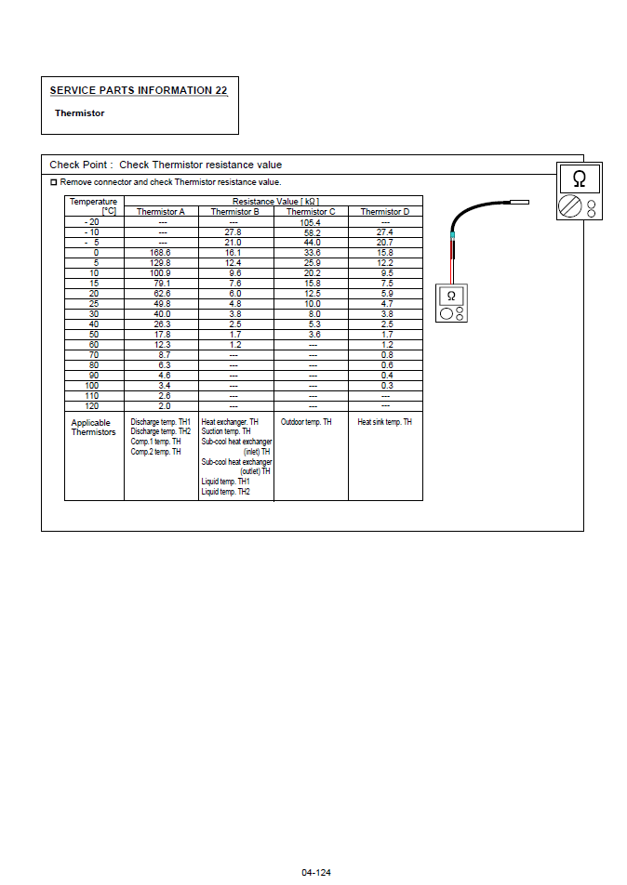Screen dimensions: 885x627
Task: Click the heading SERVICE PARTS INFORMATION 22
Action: click(x=138, y=90)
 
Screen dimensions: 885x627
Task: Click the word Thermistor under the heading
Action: click(x=79, y=113)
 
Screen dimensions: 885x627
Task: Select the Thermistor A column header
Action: click(x=161, y=212)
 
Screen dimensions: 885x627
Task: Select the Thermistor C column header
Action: click(x=311, y=212)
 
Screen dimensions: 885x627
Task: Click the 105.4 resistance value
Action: click(x=311, y=222)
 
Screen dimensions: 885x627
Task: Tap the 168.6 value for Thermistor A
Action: click(x=161, y=253)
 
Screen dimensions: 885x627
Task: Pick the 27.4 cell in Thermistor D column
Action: click(x=385, y=232)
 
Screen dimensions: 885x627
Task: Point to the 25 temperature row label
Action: click(x=94, y=304)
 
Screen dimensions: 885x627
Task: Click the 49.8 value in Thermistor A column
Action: click(x=161, y=304)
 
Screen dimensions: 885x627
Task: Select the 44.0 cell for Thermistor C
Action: click(x=311, y=243)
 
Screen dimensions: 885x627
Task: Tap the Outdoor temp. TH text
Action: click(x=306, y=422)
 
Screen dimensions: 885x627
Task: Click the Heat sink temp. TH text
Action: click(x=385, y=422)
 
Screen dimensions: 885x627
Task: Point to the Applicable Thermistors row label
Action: click(x=94, y=428)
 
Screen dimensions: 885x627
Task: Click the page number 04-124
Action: click(x=316, y=872)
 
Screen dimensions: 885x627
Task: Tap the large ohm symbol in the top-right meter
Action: click(x=579, y=178)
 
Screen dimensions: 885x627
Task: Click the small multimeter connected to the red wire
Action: click(x=451, y=304)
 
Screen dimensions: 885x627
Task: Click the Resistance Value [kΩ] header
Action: click(x=273, y=201)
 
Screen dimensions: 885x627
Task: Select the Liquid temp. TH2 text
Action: click(x=226, y=492)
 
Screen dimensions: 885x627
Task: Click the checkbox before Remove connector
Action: click(x=53, y=182)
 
